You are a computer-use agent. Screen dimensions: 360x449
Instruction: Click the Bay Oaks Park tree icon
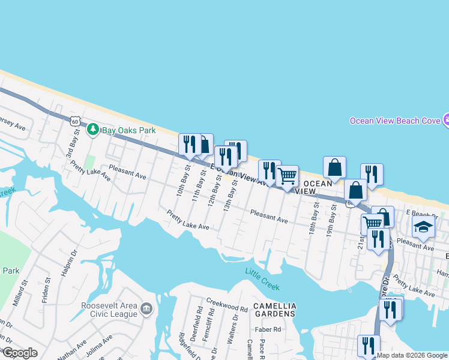(x=93, y=130)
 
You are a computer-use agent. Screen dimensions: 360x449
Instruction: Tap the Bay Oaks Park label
(x=128, y=130)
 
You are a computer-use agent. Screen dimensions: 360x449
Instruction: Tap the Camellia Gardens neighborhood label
(x=274, y=310)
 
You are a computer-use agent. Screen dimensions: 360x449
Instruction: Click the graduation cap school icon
(x=423, y=227)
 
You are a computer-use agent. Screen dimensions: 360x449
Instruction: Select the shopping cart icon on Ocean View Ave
(x=288, y=176)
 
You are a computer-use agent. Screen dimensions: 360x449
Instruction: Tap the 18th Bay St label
(x=313, y=221)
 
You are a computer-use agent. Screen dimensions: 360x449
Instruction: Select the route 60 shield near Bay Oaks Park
(x=74, y=121)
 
